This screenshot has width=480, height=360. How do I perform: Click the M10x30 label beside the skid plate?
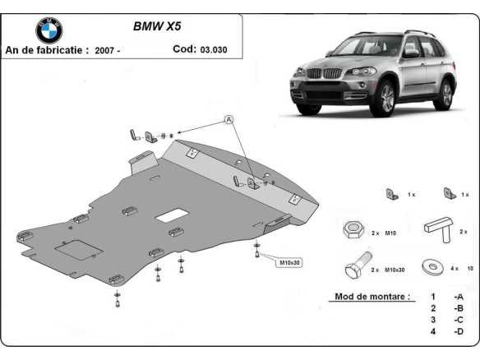pos(288,263)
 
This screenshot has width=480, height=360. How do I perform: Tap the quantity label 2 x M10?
pos(383,233)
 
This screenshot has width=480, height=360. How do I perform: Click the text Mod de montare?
pos(371,296)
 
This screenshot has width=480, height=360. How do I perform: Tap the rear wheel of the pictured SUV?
pos(446,95)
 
